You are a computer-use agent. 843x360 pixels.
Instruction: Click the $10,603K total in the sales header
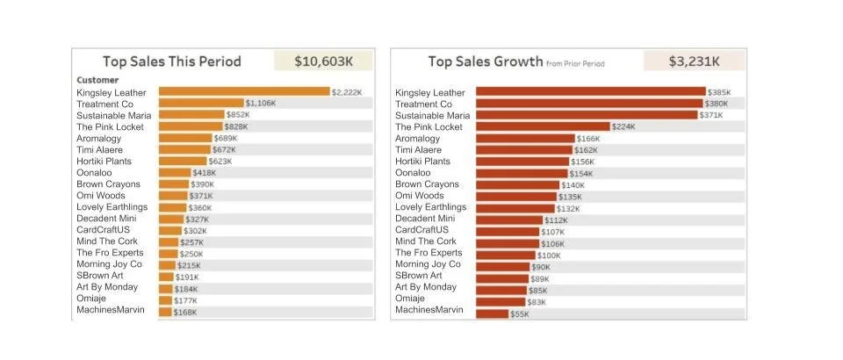(322, 61)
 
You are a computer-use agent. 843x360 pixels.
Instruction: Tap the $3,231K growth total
(694, 61)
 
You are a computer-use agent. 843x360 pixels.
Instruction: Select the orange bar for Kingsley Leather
(243, 91)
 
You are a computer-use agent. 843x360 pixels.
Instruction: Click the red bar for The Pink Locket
(542, 126)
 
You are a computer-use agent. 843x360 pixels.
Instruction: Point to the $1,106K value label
(260, 104)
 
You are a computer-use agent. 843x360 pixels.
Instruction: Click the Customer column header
(97, 80)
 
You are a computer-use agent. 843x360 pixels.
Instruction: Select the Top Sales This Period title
(172, 61)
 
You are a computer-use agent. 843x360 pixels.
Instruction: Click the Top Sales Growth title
(484, 61)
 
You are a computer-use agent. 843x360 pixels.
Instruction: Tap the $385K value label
(719, 92)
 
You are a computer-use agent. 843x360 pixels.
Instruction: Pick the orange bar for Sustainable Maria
(191, 115)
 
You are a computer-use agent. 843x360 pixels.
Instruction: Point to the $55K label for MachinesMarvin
(520, 313)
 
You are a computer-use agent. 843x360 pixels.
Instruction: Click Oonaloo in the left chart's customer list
(95, 173)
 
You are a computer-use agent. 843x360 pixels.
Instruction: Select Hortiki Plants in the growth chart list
(422, 162)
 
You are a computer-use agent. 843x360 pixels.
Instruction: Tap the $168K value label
(184, 312)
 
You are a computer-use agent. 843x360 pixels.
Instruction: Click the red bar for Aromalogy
(525, 138)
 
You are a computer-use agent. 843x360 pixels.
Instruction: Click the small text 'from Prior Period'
(575, 64)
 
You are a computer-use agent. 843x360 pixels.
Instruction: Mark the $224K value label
(623, 127)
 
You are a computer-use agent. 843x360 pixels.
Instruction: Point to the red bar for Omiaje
(500, 301)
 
